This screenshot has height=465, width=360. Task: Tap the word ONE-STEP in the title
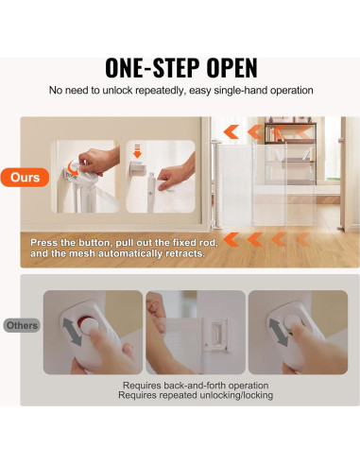tap(152, 68)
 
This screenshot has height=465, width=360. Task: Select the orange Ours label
tap(25, 178)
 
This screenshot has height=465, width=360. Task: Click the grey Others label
tap(22, 325)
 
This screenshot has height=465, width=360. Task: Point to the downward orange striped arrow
tap(137, 151)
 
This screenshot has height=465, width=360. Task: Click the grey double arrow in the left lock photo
tap(72, 332)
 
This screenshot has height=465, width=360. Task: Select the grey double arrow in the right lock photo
tap(278, 332)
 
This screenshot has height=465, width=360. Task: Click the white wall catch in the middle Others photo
tap(215, 335)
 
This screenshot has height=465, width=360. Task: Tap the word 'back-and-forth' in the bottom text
tap(195, 386)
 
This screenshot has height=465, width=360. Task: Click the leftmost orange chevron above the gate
tap(231, 131)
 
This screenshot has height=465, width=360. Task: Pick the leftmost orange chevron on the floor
tap(231, 239)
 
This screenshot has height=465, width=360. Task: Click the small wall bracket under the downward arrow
tap(138, 168)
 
